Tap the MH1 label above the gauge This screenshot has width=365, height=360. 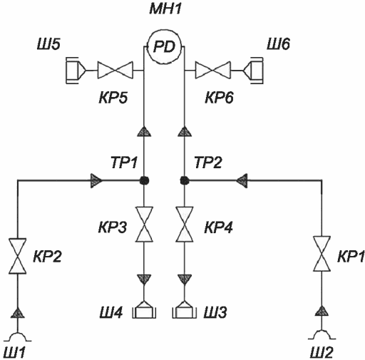click(165, 9)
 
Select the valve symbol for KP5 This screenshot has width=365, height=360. click(115, 71)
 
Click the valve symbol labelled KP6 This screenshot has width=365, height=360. click(213, 71)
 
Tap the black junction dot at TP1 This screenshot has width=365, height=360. click(144, 180)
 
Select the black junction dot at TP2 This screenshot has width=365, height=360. click(185, 180)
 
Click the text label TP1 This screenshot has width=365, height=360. click(124, 163)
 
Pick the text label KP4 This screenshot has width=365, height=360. click(218, 227)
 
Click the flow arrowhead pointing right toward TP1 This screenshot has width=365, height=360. click(96, 181)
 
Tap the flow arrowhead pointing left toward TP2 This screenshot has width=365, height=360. click(242, 181)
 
